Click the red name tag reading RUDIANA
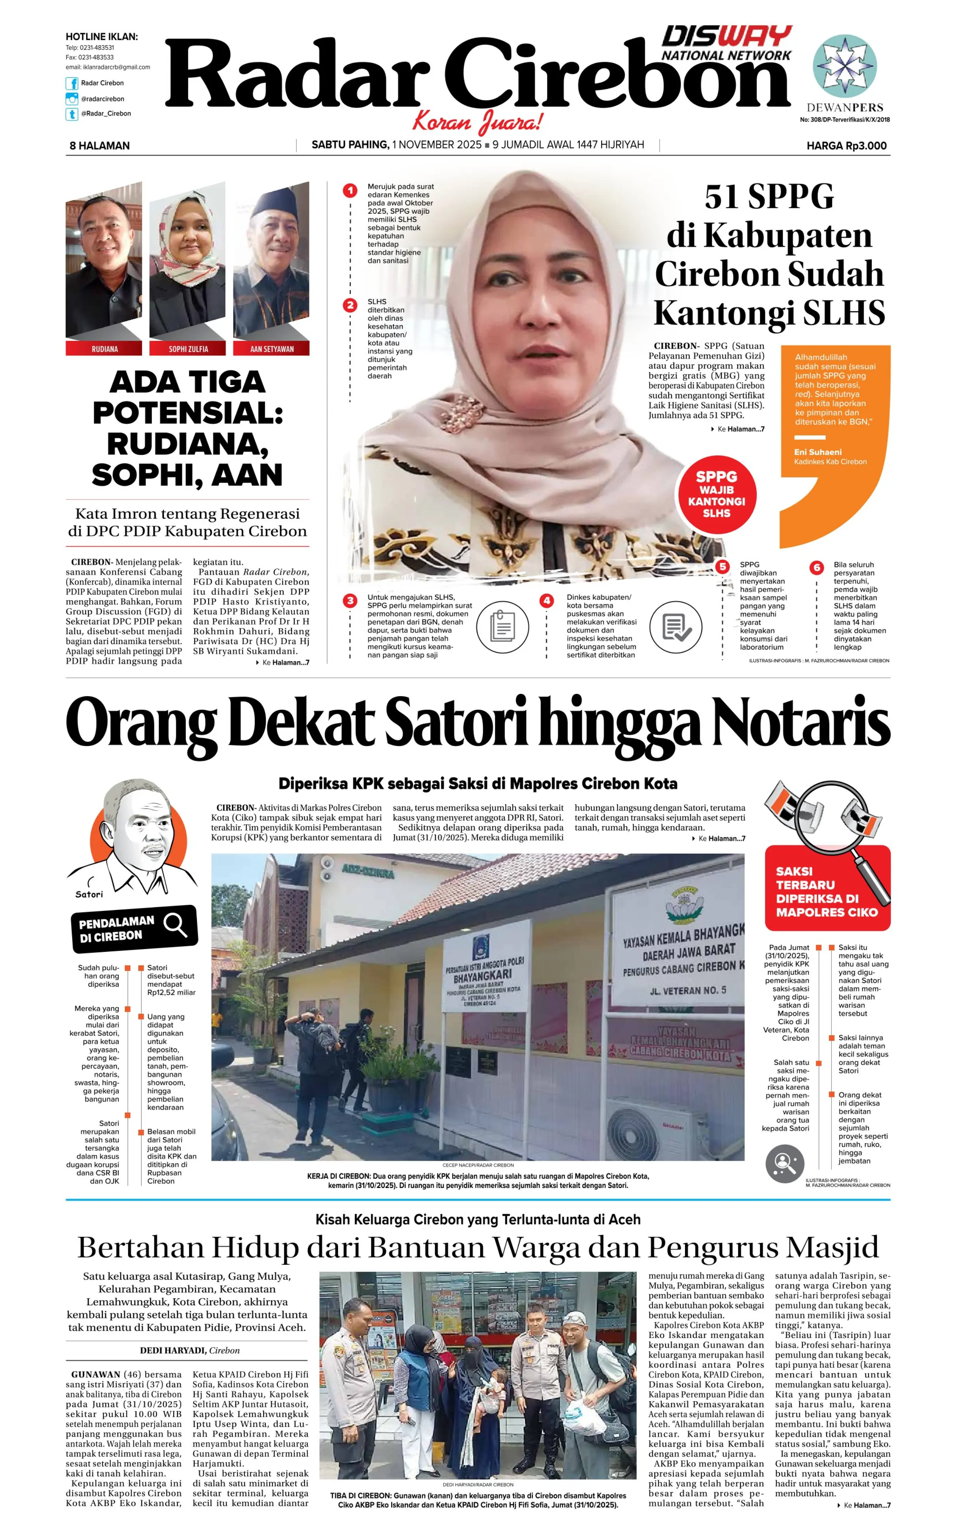click(104, 349)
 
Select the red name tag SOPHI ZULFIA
click(188, 349)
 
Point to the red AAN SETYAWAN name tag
click(272, 349)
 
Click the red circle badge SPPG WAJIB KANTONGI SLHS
click(717, 494)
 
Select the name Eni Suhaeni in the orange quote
click(818, 452)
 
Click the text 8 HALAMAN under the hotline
click(99, 146)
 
